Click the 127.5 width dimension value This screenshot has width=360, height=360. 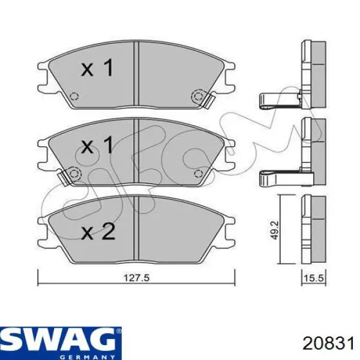(x=136, y=278)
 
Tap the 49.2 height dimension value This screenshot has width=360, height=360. (x=274, y=230)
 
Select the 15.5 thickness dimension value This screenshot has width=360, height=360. (x=314, y=278)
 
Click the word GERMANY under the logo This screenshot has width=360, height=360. (x=87, y=357)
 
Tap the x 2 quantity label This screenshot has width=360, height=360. (x=98, y=232)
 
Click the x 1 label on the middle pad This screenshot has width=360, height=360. (x=97, y=144)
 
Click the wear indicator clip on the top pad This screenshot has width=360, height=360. (x=209, y=100)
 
